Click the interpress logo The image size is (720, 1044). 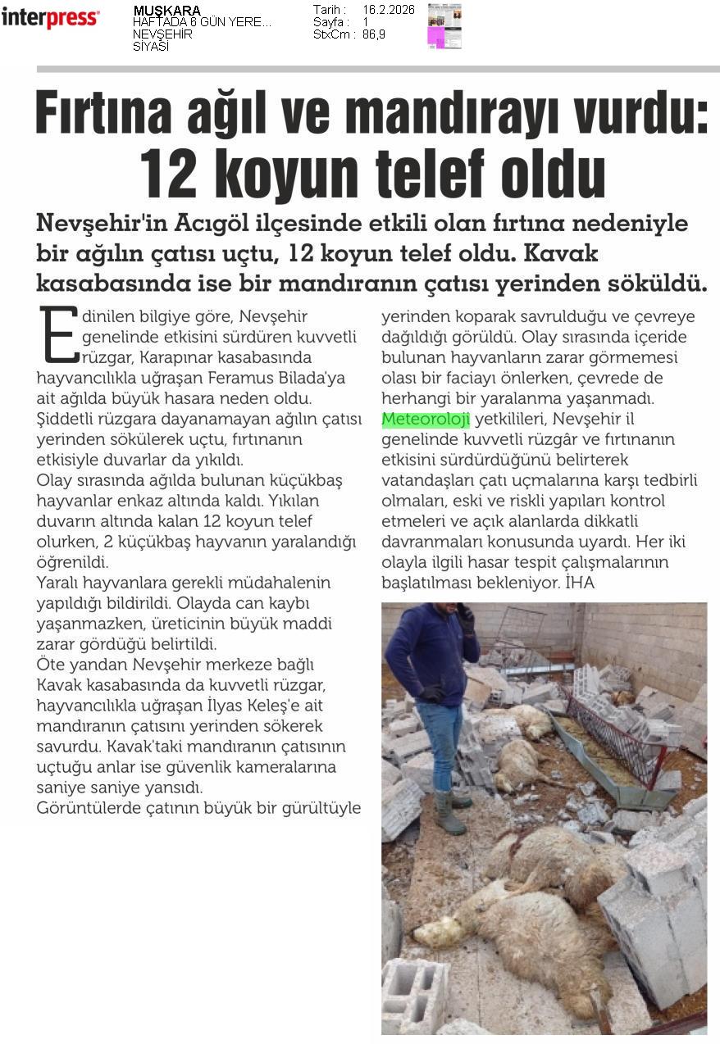[50, 17]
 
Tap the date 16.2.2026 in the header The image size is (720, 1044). [389, 10]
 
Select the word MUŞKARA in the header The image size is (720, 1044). [166, 11]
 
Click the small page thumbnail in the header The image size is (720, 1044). [444, 26]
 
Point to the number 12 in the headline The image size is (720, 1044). [171, 174]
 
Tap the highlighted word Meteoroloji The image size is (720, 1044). [426, 420]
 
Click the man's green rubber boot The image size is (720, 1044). [449, 812]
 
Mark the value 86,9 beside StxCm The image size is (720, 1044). [374, 34]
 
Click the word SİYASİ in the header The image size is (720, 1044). [151, 47]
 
